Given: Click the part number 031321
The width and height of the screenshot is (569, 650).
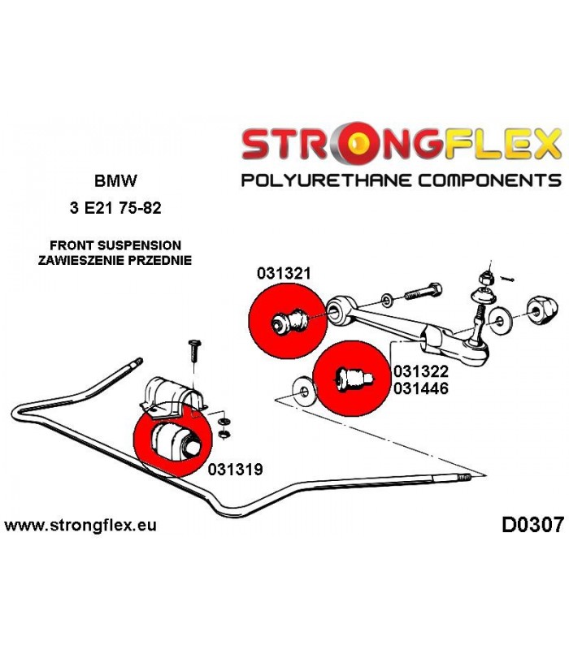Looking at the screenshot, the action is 284,274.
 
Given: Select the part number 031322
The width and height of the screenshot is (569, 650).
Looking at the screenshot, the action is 421,371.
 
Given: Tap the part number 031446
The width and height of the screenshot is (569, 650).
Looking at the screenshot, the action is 421,388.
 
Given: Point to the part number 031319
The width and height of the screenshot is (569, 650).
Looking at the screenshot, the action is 235,470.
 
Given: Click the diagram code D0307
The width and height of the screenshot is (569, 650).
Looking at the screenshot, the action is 533,525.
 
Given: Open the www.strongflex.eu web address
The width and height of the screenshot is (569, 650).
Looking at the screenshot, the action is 80,525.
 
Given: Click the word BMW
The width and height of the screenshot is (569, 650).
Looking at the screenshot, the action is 115,180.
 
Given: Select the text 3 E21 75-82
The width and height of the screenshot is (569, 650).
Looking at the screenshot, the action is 115,208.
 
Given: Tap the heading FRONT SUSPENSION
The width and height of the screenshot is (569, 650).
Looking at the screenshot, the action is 115,245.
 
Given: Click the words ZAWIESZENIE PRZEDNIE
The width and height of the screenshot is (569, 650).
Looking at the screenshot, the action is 115,260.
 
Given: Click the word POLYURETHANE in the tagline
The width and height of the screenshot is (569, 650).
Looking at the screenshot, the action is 327,181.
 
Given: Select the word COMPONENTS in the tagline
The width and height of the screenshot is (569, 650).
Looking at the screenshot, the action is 489,181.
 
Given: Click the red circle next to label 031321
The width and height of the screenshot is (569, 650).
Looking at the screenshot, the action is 288,320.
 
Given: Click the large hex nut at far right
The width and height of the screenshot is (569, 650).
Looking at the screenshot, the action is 542,310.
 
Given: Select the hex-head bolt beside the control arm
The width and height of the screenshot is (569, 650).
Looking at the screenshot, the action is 423,292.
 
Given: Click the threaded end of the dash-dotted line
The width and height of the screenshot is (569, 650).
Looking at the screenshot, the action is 465,478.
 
